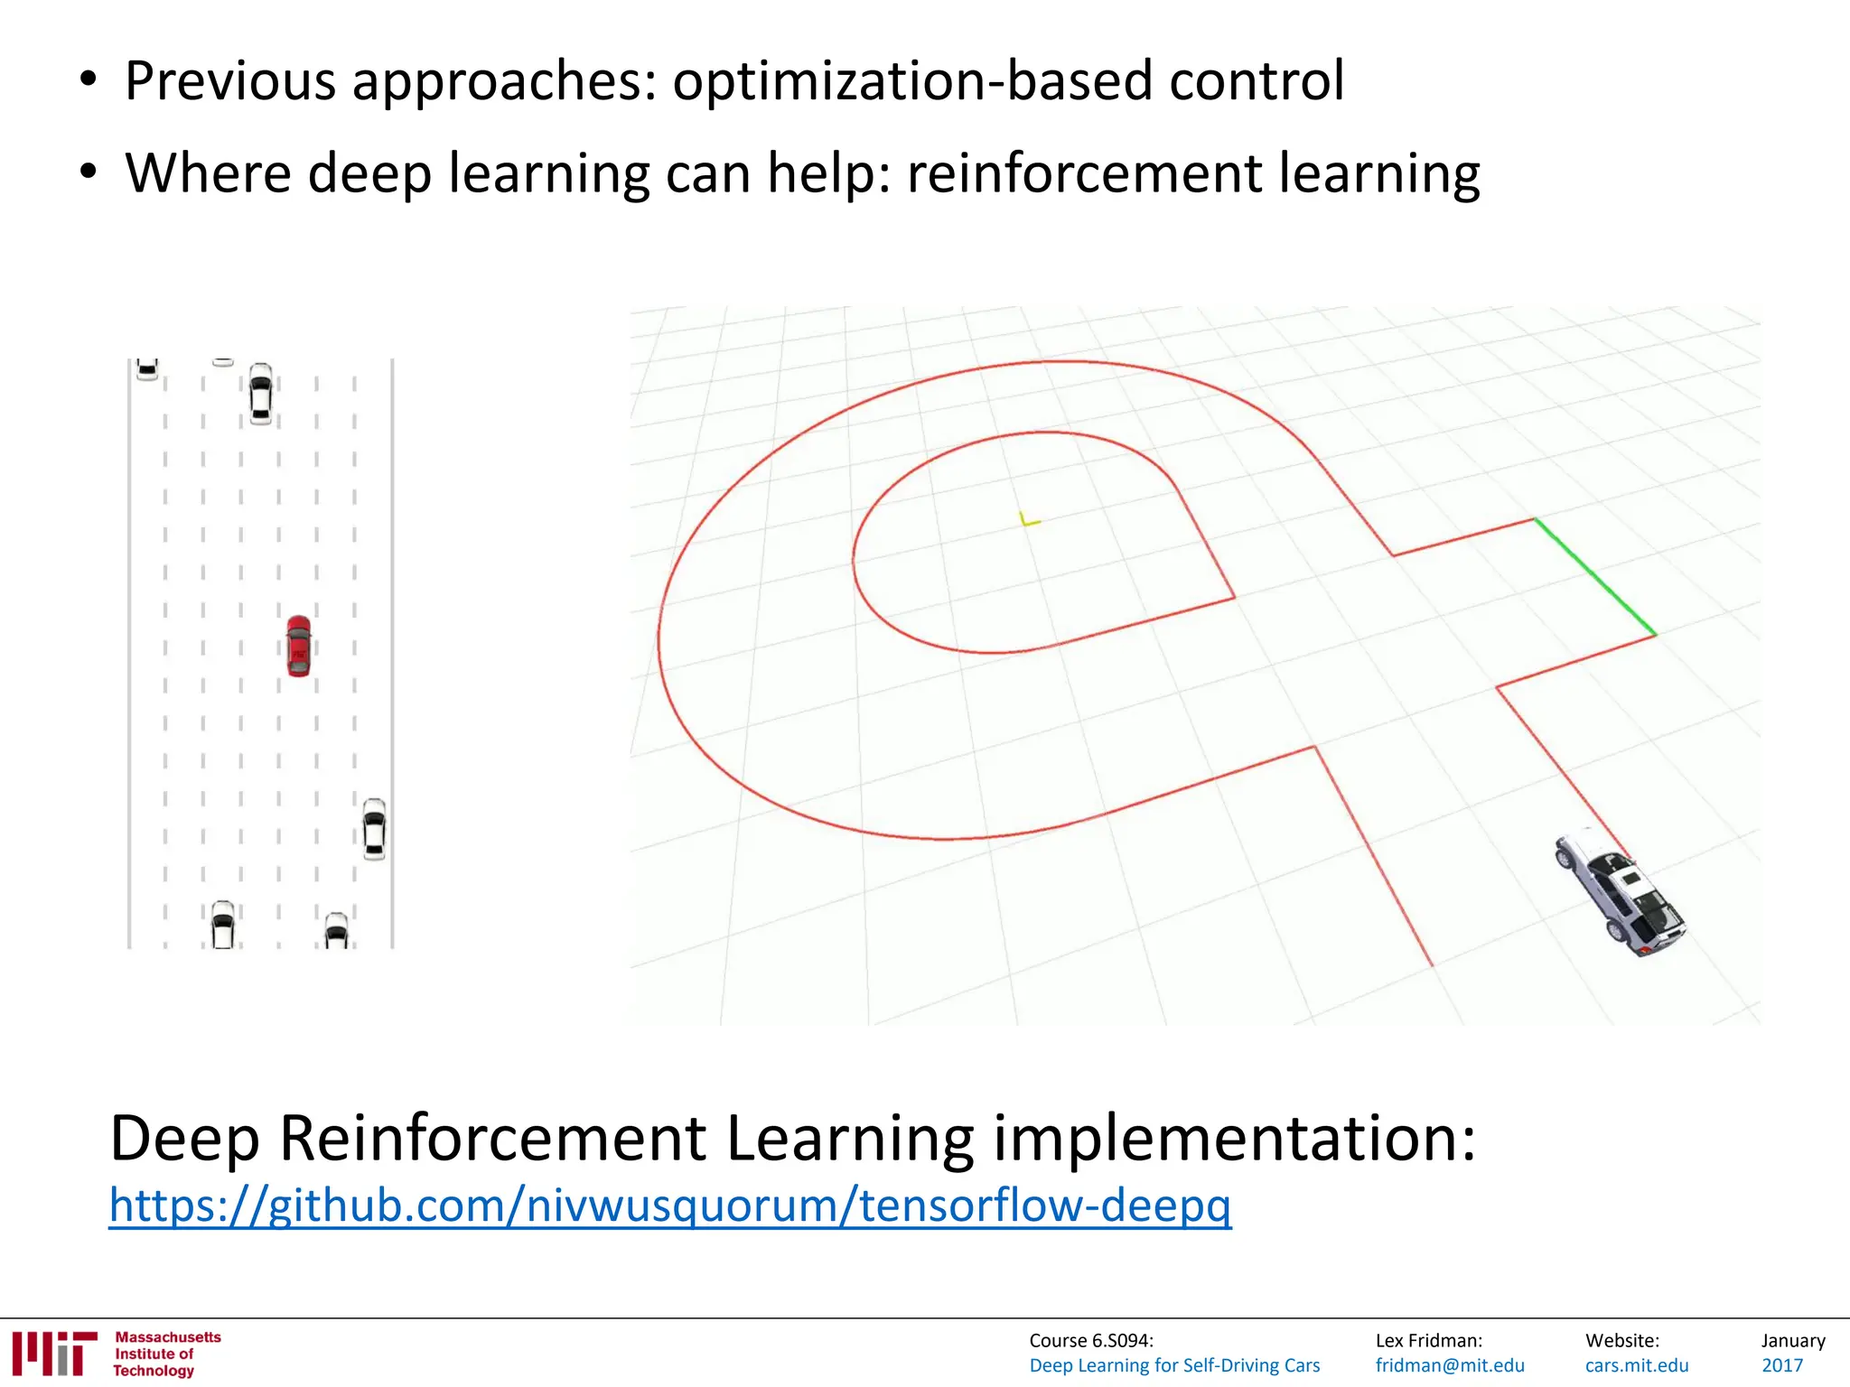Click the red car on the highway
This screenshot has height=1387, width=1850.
pos(298,646)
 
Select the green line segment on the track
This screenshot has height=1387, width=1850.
pos(1595,576)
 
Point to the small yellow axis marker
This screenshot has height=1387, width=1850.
pos(1028,519)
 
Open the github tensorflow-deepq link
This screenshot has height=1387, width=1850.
pos(669,1205)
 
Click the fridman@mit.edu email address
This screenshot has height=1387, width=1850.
pos(1449,1365)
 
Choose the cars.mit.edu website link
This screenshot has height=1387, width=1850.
pos(1636,1365)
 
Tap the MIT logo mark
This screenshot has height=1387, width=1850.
pos(54,1353)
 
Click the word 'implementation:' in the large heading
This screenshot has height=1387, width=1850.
pos(1235,1138)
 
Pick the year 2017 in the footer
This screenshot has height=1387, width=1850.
pos(1781,1365)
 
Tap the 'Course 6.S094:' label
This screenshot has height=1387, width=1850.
pos(1090,1341)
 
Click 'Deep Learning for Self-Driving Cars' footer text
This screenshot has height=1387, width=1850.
pos(1174,1365)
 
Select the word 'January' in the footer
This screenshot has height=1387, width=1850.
pos(1792,1341)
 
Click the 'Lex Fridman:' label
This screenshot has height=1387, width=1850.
pos(1428,1341)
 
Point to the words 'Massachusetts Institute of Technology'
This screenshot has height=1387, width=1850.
pos(167,1354)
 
